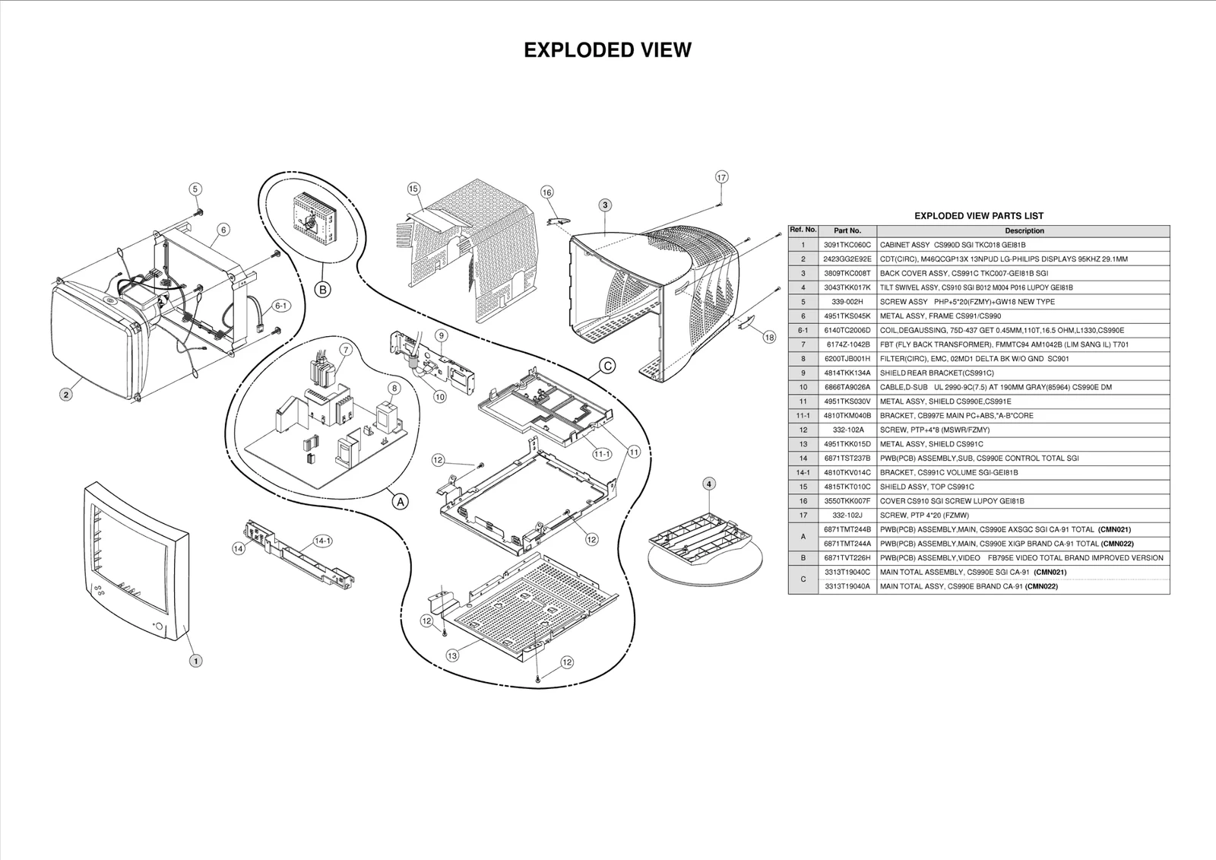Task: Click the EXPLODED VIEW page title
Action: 607,50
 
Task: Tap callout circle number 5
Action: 195,189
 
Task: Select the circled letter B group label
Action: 322,290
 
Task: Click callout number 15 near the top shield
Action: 413,189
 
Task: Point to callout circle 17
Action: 721,177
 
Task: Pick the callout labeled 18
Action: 769,337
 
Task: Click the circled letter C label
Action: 607,366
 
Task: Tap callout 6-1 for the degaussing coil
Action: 280,306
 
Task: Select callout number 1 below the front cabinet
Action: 195,661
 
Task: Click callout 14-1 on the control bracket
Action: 323,541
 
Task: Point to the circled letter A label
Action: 400,501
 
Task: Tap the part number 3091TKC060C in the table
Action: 847,245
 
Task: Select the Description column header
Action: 1024,230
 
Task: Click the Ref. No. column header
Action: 803,230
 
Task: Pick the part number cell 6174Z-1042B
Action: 847,344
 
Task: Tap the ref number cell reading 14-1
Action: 803,472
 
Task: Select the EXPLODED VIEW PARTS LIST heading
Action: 978,216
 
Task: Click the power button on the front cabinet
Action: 158,626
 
